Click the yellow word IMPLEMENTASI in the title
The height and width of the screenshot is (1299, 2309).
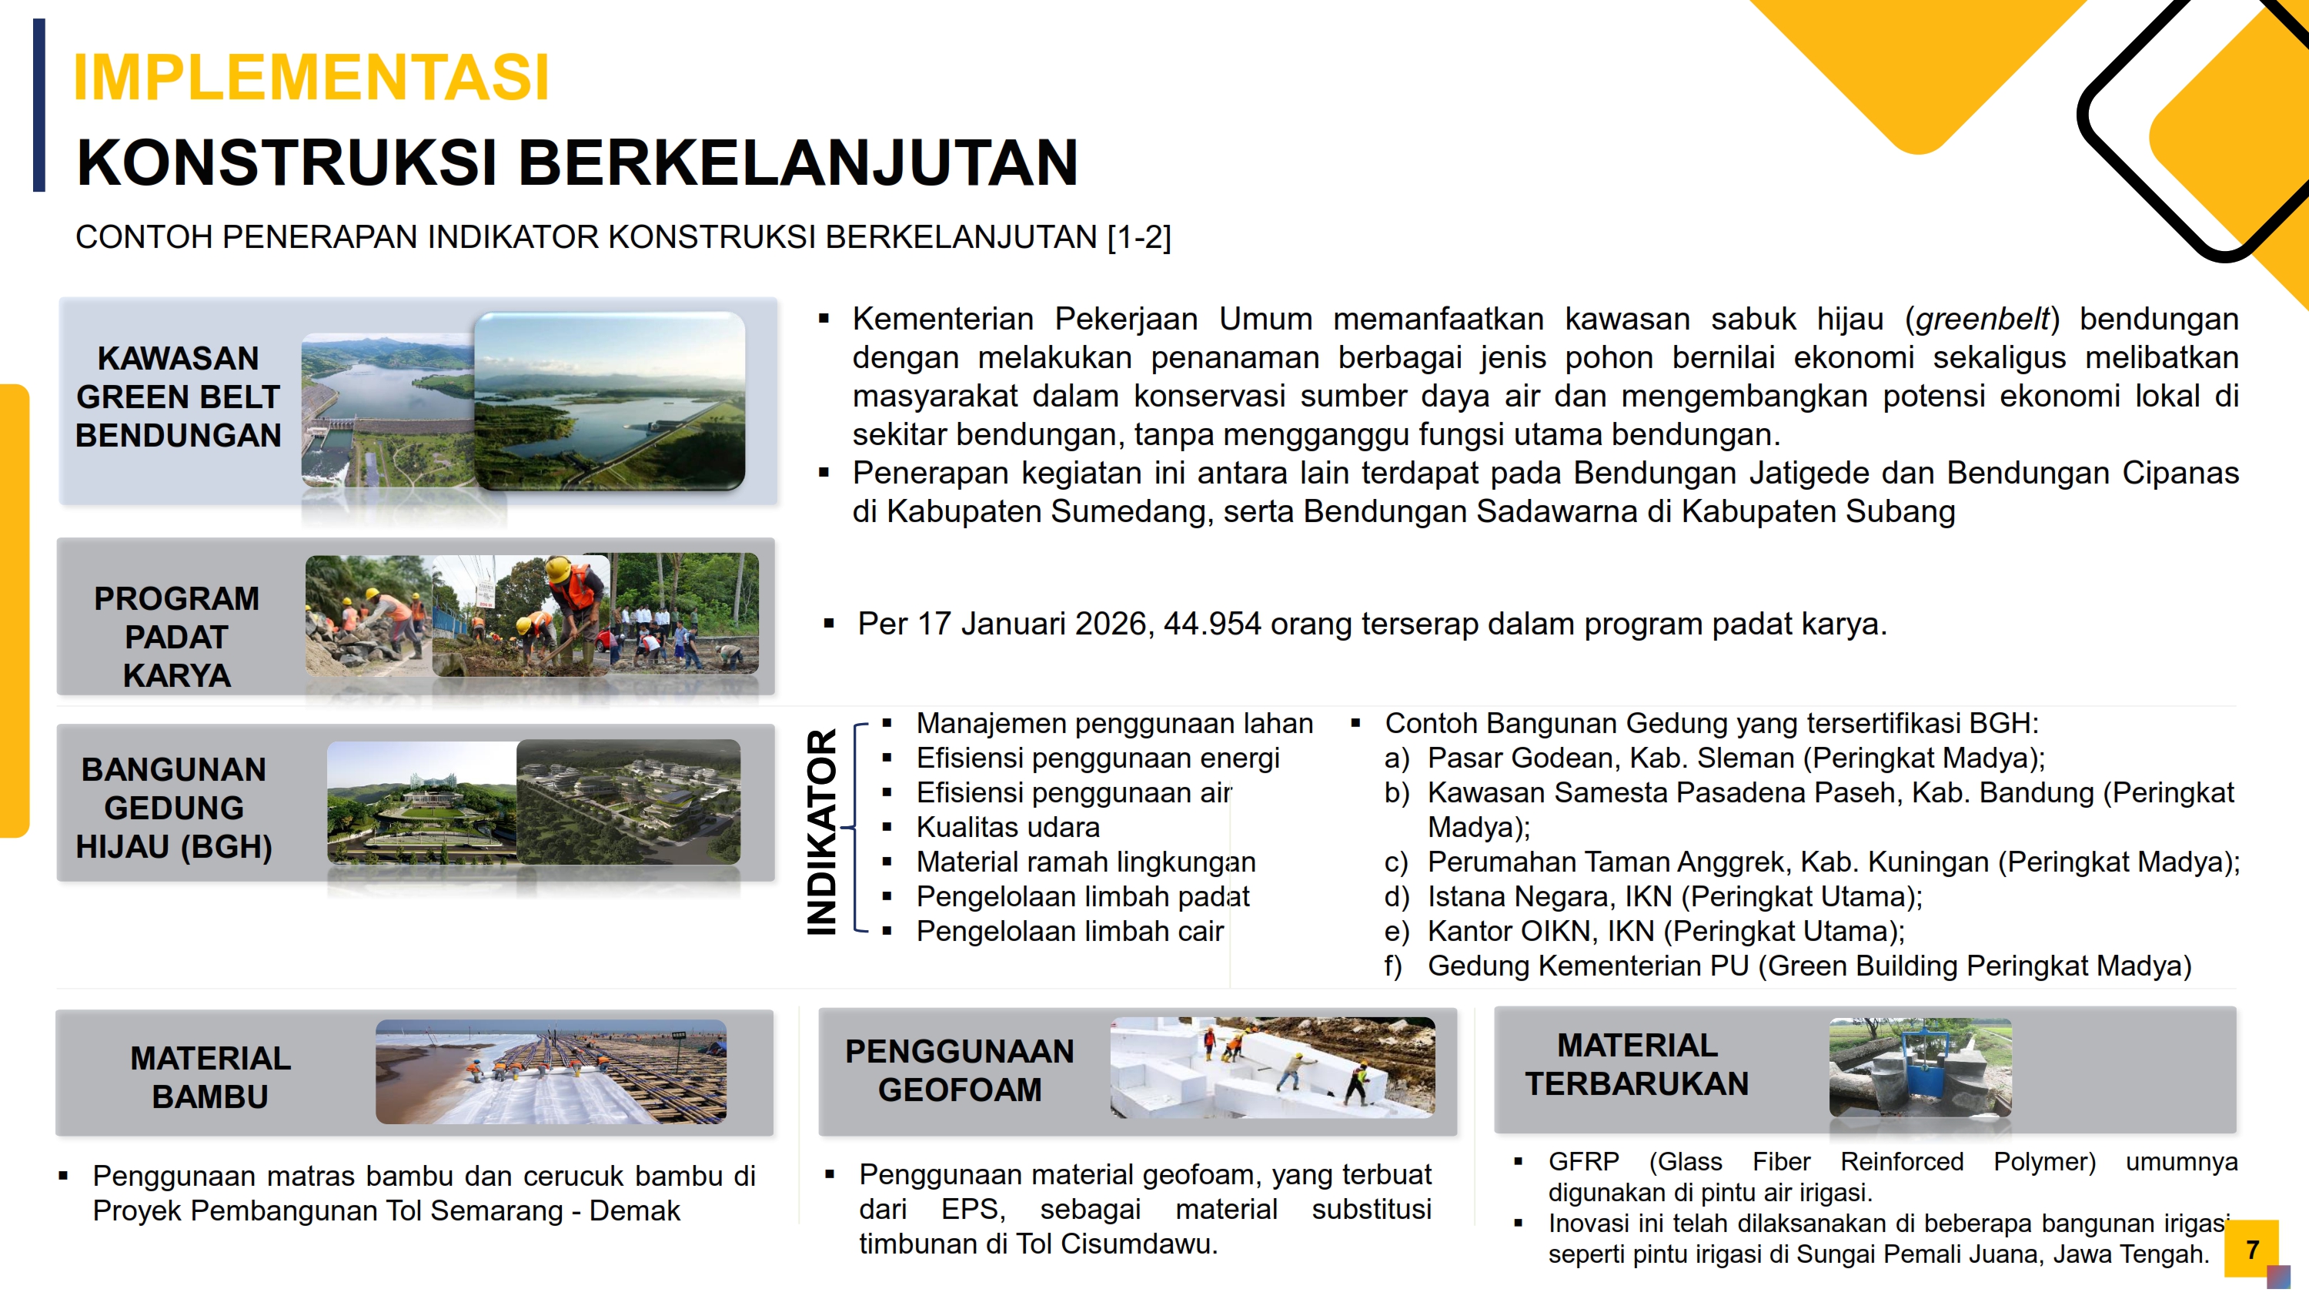coord(310,77)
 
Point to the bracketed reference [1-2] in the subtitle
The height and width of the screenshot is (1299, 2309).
coord(1138,238)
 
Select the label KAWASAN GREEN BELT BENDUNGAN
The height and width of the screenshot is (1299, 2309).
coord(179,397)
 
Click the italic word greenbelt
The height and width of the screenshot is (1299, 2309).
coord(1983,319)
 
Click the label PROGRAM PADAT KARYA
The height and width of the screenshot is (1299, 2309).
coord(176,637)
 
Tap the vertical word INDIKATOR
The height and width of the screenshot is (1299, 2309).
coord(822,831)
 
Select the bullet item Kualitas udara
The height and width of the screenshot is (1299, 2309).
coord(1007,828)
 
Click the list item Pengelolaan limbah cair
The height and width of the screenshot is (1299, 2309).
coord(1069,932)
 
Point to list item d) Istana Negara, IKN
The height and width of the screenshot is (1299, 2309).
coord(1653,896)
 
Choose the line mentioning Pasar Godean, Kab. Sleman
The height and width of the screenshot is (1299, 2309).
coord(1714,758)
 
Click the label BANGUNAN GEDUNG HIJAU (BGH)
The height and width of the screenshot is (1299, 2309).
coord(174,808)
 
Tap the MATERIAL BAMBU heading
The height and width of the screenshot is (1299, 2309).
coord(211,1077)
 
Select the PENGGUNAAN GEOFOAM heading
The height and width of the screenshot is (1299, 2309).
coord(959,1070)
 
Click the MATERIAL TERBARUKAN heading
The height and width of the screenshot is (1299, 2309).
coord(1637,1064)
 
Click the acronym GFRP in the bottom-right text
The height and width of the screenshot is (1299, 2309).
coord(1583,1162)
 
